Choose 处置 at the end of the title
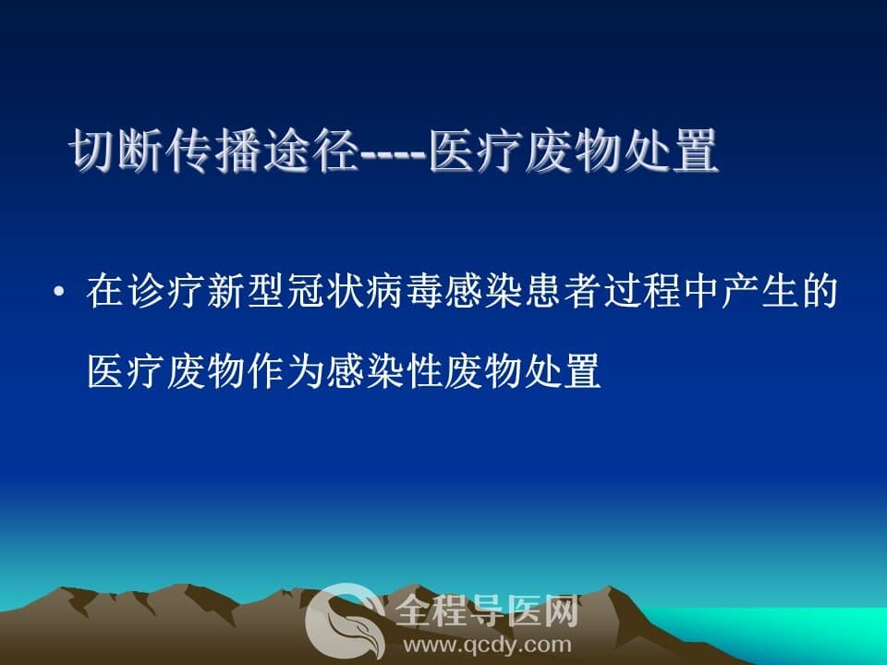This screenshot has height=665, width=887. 671,150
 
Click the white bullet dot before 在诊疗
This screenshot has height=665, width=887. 57,292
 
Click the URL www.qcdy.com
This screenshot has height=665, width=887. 487,645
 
